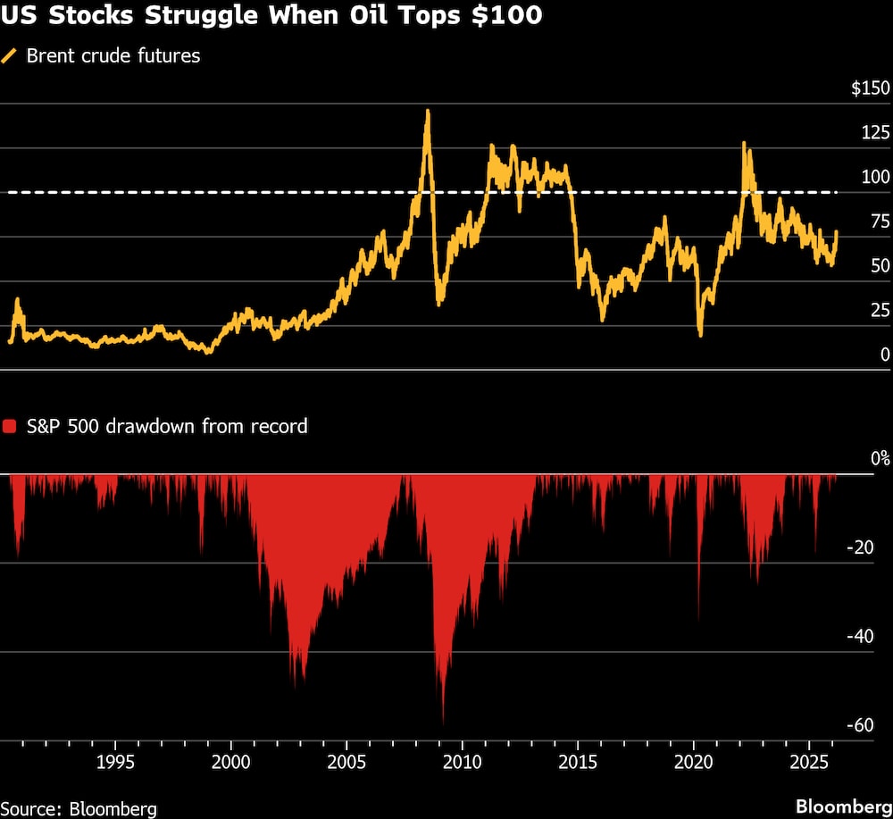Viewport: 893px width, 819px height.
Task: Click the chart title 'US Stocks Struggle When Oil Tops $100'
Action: pos(271,16)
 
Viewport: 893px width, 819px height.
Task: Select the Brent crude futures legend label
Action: pos(113,56)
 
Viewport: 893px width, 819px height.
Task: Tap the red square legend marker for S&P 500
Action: pos(10,427)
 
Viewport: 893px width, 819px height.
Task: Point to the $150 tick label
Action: pos(870,88)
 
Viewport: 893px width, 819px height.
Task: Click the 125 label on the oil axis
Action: pos(874,133)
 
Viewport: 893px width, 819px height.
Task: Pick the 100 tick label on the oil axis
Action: pos(874,177)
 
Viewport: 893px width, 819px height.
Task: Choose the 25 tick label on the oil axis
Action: pos(879,310)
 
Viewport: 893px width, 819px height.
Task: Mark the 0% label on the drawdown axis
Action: pos(880,459)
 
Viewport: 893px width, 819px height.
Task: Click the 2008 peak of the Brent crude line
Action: pos(428,111)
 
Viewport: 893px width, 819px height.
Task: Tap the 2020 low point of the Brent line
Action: pos(700,335)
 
